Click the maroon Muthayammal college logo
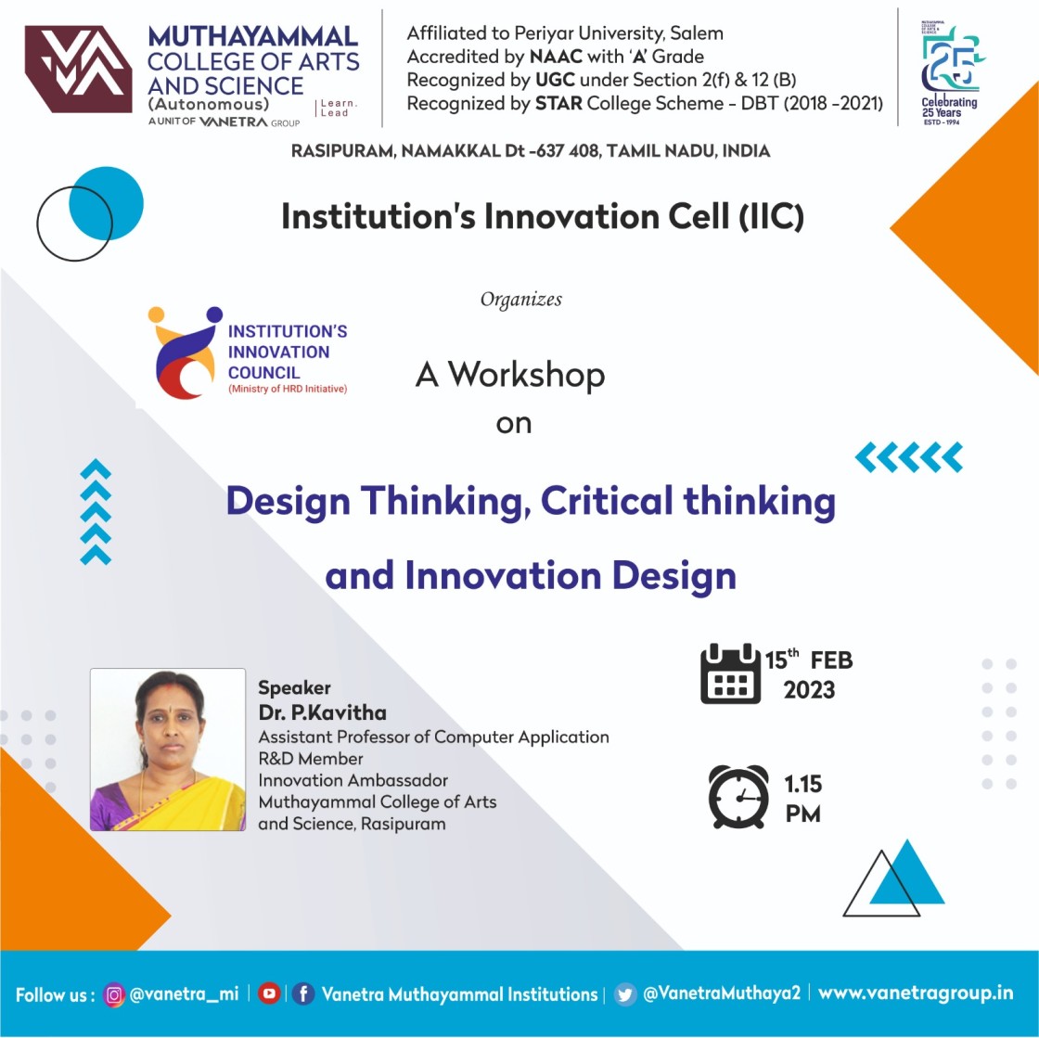point(78,69)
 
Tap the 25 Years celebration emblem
point(950,73)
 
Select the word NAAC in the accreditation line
point(556,57)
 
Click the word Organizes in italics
point(520,300)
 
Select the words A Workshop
point(510,374)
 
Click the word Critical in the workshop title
point(607,501)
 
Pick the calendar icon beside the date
point(730,673)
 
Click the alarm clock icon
point(738,797)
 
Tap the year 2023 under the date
point(809,690)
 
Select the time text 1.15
point(803,784)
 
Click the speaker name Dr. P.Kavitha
point(322,712)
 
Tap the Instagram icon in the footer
point(114,995)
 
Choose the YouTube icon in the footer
point(268,993)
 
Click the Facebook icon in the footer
point(303,994)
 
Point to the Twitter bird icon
point(625,994)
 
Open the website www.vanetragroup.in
point(916,993)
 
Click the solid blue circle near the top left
point(106,203)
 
